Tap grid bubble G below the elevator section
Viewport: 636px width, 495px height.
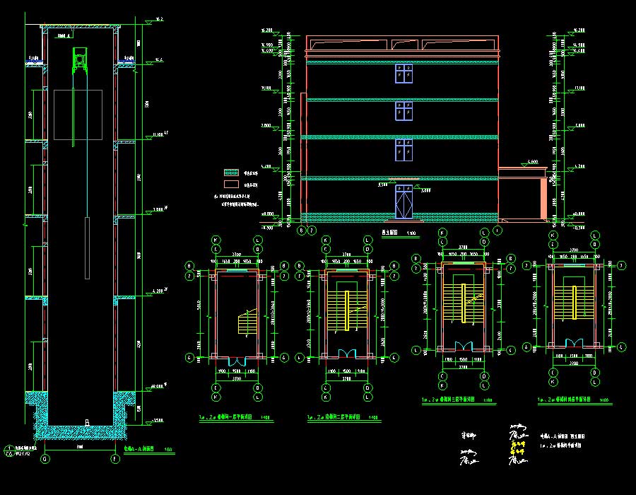[45, 459]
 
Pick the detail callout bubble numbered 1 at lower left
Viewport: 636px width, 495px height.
[8, 448]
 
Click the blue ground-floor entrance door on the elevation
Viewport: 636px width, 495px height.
[404, 202]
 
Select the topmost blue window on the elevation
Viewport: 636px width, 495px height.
[404, 74]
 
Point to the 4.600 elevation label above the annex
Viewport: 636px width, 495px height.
[532, 163]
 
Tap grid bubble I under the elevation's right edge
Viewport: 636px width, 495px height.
[497, 230]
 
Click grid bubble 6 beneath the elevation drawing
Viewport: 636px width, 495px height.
[301, 230]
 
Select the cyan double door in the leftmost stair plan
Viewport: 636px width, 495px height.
[236, 359]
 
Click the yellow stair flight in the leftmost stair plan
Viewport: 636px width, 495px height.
[248, 325]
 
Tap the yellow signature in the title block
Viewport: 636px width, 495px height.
[518, 446]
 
